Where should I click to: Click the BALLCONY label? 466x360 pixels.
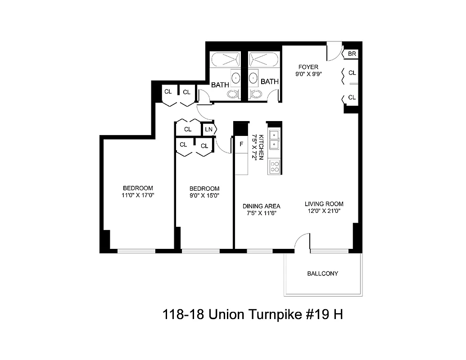(322, 273)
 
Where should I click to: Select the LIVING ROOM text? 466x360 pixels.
(324, 204)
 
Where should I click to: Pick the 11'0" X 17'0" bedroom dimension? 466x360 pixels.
(138, 195)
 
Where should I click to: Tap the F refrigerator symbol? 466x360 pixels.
(241, 144)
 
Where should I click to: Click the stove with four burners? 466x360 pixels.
(274, 167)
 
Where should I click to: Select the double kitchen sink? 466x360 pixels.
(274, 139)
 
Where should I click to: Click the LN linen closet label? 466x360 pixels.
(208, 130)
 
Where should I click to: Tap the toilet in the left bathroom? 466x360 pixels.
(233, 94)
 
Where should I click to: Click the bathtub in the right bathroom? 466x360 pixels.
(263, 59)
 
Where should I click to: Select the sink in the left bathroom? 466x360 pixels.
(236, 78)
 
